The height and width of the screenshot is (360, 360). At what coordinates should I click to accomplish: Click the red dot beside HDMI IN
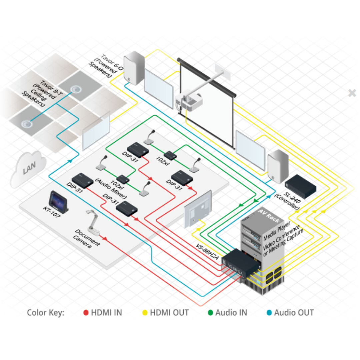pyautogui.click(x=86, y=313)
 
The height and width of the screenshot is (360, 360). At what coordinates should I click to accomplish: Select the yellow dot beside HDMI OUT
pyautogui.click(x=145, y=313)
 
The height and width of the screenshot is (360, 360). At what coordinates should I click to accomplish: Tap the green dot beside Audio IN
pyautogui.click(x=210, y=313)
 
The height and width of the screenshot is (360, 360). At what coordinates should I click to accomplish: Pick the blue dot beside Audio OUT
pyautogui.click(x=269, y=313)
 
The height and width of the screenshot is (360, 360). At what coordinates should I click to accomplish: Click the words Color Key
pyautogui.click(x=45, y=313)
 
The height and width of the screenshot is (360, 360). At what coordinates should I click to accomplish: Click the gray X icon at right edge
pyautogui.click(x=352, y=93)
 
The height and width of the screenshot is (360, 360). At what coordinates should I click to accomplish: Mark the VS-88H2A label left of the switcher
pyautogui.click(x=207, y=253)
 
